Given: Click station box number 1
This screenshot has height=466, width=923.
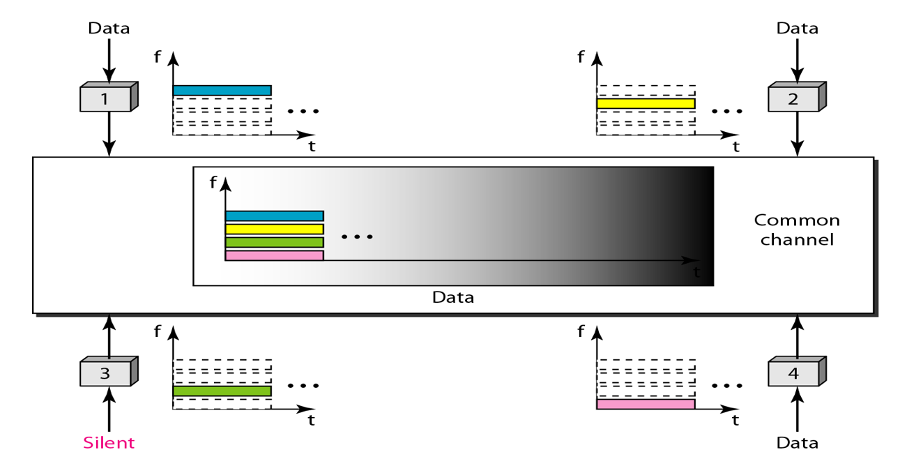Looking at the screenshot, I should tap(105, 98).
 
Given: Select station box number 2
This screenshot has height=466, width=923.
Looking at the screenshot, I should tap(793, 98).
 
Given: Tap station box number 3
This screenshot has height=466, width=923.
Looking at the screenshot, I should tap(105, 373).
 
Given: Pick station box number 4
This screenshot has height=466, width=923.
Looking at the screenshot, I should tap(793, 373).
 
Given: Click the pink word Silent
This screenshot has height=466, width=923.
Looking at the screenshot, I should tap(109, 442).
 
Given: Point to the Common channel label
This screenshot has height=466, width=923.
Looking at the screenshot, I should tap(797, 230).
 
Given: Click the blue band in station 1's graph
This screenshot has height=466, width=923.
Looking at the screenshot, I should tap(222, 90).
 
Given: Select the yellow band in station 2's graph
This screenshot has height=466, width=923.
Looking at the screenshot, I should tap(646, 103).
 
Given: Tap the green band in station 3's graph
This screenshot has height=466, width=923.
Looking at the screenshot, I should tap(222, 391).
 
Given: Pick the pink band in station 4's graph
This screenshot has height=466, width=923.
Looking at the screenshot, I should tap(646, 404).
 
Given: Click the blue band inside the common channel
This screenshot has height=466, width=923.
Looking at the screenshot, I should tap(274, 216).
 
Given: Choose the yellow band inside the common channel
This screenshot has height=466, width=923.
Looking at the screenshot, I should tap(274, 229).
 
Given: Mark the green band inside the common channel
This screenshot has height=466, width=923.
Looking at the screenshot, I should tap(274, 242).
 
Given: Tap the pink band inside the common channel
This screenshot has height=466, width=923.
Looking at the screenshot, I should tap(274, 255).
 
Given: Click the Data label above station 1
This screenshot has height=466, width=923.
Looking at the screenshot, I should tap(109, 29).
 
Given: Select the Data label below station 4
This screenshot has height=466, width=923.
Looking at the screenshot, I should tap(798, 442).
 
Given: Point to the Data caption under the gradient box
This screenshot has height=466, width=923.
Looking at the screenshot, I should tap(453, 297).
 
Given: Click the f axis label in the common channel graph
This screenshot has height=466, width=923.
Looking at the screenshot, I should tap(213, 183).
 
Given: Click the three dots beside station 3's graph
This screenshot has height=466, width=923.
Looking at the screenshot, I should tap(303, 385).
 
